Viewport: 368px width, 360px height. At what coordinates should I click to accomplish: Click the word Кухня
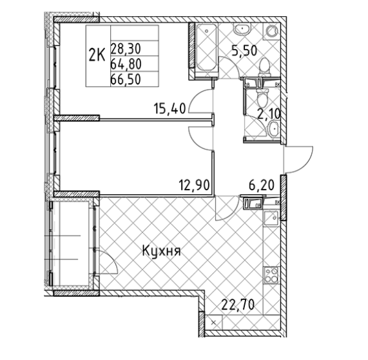(161, 251)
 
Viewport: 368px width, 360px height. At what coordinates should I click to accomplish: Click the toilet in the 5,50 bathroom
(264, 65)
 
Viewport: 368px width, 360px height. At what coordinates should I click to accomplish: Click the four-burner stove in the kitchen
(272, 276)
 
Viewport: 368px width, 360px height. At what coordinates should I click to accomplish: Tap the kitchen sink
(272, 217)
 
